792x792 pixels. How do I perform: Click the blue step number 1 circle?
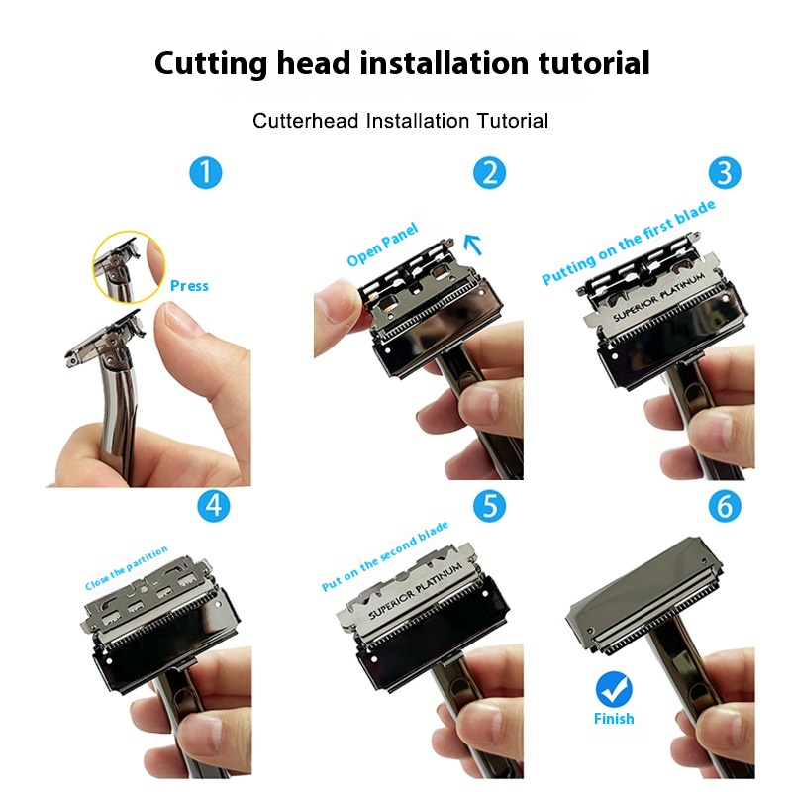(206, 172)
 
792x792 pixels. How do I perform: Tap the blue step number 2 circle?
(489, 172)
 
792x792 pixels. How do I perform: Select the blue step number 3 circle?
(725, 172)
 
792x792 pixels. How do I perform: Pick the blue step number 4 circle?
(214, 506)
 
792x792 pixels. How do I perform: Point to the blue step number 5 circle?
(489, 506)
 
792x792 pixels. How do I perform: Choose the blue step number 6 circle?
(725, 506)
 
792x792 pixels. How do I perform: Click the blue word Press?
(189, 286)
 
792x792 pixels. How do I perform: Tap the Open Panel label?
(382, 245)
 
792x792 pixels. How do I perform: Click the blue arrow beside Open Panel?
(473, 244)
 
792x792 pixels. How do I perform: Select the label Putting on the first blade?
(629, 242)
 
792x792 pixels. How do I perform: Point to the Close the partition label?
(127, 568)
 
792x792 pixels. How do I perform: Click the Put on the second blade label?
(385, 556)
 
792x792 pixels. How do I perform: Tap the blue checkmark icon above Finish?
(614, 689)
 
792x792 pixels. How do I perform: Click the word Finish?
(614, 719)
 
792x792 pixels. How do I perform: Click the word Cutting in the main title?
(211, 64)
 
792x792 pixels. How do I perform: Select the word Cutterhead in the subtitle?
(306, 121)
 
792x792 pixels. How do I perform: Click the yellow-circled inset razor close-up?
(129, 266)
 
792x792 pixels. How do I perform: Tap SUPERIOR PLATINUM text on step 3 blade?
(658, 298)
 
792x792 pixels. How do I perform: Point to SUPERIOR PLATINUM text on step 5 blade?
(415, 590)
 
